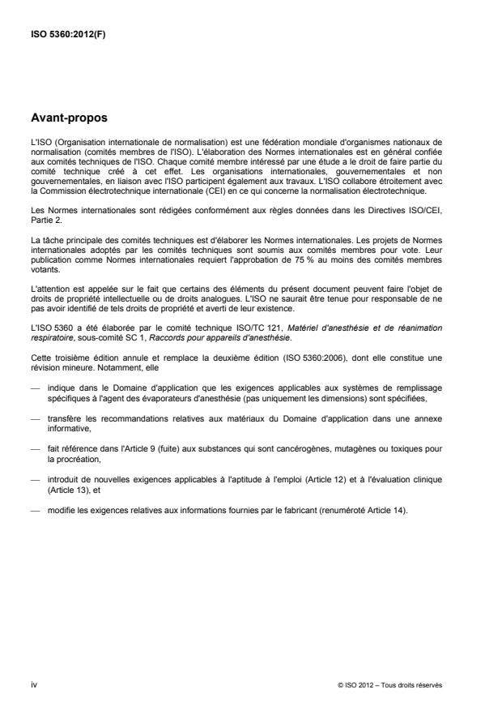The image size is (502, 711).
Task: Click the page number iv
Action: pos(32,685)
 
